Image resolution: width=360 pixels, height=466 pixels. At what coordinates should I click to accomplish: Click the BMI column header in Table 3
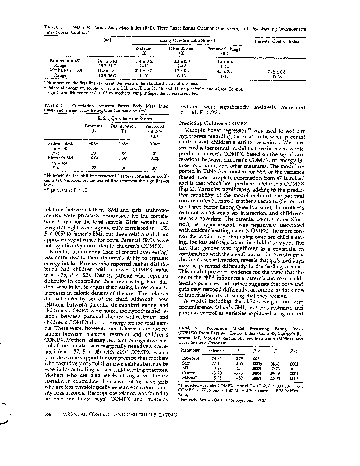pos(108,40)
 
